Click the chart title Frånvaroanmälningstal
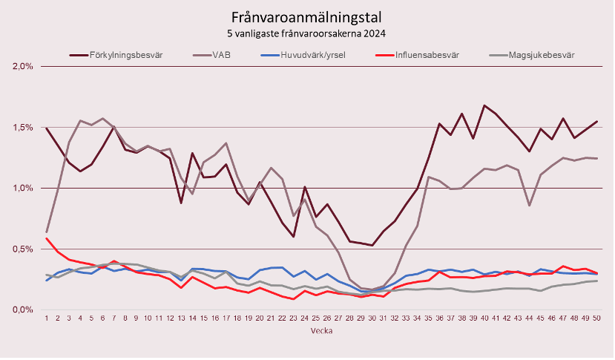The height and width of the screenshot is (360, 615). point(307,17)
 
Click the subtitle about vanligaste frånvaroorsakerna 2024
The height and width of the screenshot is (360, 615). point(307,33)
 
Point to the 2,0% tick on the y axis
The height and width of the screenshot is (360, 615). point(24,66)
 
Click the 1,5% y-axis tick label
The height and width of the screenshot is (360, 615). point(24,127)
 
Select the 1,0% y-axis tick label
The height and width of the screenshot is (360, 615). point(24,188)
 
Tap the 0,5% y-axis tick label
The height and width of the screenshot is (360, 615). point(24,249)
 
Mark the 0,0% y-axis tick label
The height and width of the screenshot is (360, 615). point(24,310)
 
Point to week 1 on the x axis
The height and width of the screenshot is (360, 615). point(47,318)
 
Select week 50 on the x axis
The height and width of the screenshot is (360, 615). point(596,318)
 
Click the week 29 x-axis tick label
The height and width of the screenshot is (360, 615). point(361,318)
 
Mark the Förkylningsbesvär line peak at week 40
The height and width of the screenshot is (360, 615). point(484,105)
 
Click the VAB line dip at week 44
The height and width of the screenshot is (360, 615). point(529,205)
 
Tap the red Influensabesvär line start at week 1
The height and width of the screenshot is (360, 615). point(47,238)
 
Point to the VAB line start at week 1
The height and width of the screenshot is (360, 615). point(47,232)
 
